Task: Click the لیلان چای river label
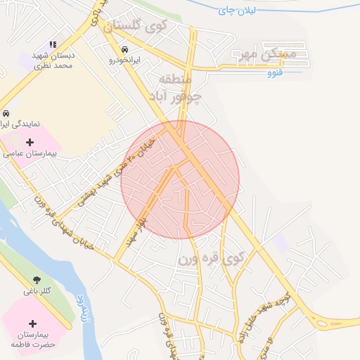(x=237, y=11)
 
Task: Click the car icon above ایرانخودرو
(x=124, y=50)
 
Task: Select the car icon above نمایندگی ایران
(x=6, y=112)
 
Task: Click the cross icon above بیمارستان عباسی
(x=30, y=141)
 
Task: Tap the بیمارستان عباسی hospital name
(x=30, y=152)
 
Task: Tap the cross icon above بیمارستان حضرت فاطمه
(x=32, y=323)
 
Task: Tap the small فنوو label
(x=275, y=72)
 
